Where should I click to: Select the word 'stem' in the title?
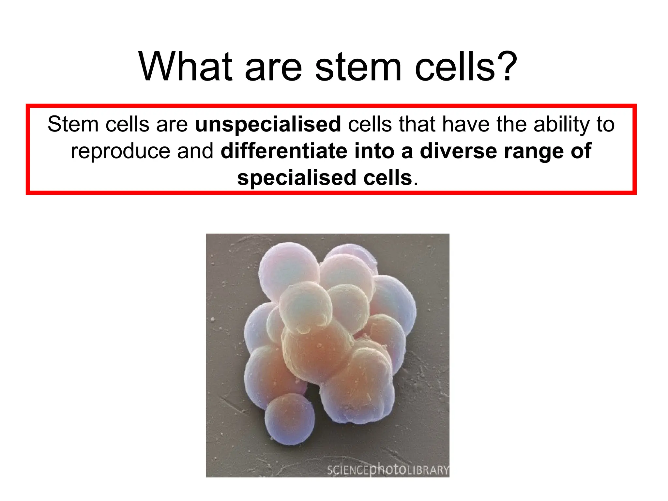pos(358,67)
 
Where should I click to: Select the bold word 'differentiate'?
pos(283,151)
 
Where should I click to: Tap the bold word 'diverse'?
pos(458,151)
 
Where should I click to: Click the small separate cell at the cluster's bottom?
pos(290,420)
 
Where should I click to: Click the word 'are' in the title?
pos(273,68)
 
